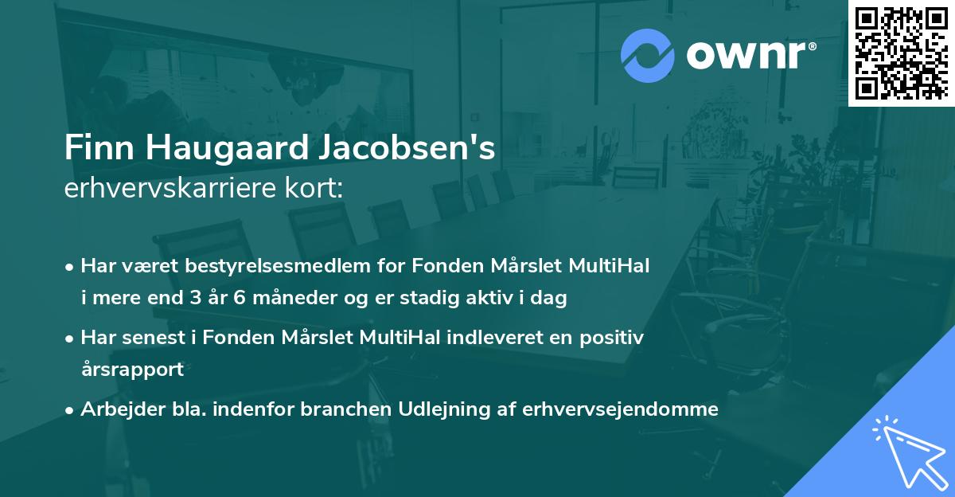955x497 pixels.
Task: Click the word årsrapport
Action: (132, 370)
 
